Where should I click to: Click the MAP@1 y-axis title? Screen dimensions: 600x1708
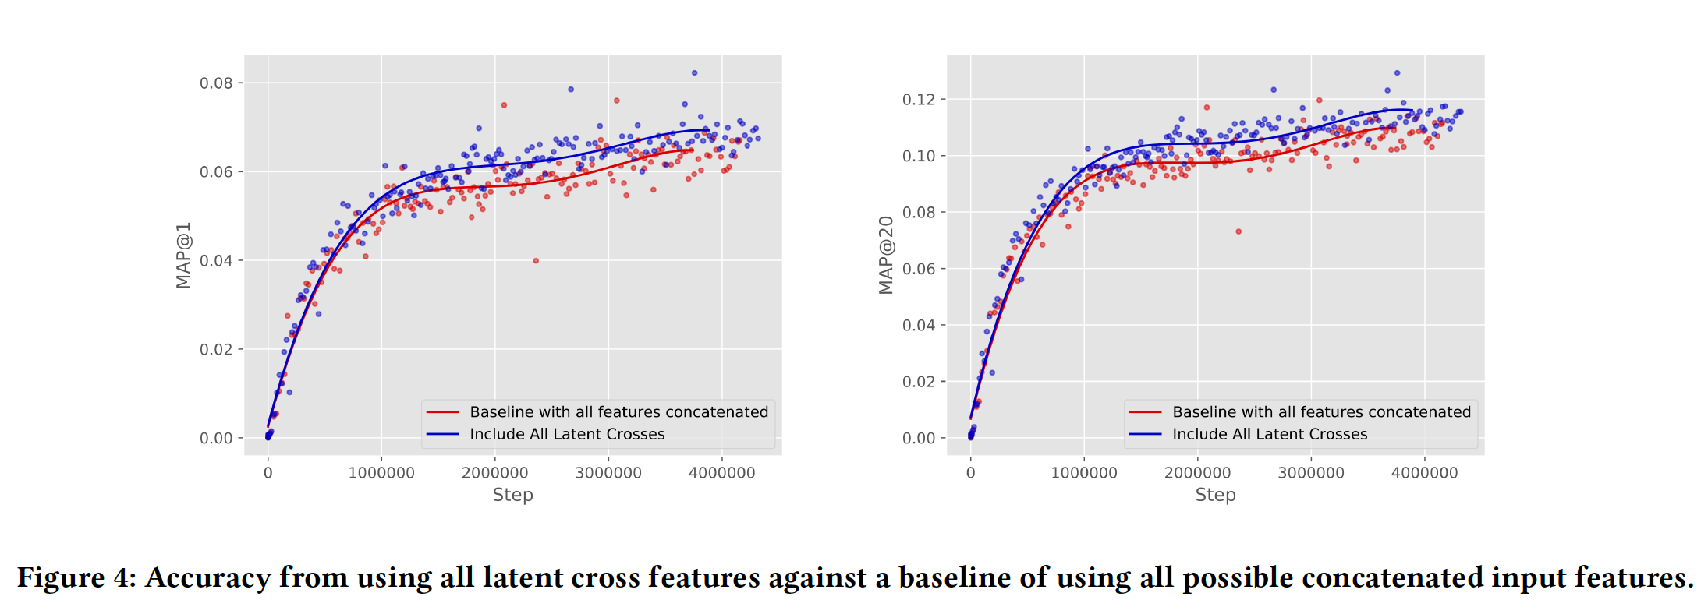(x=183, y=256)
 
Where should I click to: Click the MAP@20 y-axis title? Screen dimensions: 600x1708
(x=886, y=256)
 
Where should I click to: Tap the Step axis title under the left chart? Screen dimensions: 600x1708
(x=512, y=495)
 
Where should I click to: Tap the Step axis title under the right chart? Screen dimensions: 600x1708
(x=1215, y=495)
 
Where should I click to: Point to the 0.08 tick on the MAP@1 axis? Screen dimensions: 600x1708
(x=216, y=83)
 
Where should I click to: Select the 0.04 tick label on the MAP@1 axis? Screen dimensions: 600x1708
(x=216, y=260)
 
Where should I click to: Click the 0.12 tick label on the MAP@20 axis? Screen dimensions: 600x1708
(x=919, y=100)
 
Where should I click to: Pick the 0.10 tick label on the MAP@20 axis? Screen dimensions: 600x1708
(x=919, y=156)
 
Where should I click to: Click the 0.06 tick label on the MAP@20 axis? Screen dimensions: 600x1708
(x=919, y=269)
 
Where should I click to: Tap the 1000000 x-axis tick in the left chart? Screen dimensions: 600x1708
(x=381, y=473)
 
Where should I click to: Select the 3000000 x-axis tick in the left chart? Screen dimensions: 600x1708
(x=608, y=473)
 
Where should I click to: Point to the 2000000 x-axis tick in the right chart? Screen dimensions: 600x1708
(x=1197, y=473)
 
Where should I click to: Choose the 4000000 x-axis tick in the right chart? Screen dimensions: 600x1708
(x=1424, y=473)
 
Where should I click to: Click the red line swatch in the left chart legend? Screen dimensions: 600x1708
(x=442, y=412)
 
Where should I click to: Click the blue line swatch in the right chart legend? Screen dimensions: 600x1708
(x=1145, y=434)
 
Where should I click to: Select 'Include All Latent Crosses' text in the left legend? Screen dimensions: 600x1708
(x=567, y=434)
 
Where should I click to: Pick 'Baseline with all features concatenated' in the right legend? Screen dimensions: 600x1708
(x=1321, y=412)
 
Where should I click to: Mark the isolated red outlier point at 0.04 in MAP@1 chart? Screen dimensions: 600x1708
(x=536, y=261)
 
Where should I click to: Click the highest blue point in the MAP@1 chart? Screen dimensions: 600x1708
(x=694, y=73)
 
